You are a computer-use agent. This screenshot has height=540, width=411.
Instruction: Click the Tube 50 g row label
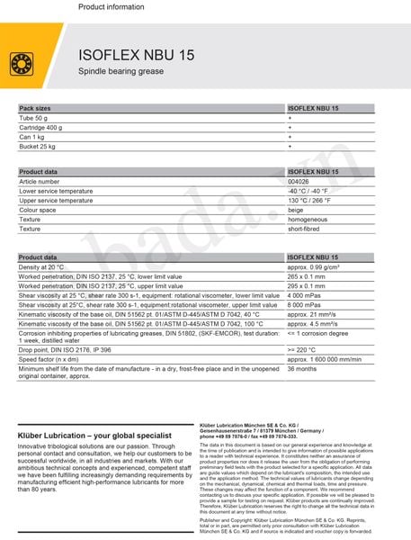coord(37,118)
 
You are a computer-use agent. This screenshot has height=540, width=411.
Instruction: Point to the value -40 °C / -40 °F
coord(308,191)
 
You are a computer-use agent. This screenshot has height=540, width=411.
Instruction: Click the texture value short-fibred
coord(304,229)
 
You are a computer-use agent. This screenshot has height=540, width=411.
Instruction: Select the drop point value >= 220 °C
coord(303,349)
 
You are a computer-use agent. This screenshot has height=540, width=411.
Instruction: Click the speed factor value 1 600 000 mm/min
coord(324,358)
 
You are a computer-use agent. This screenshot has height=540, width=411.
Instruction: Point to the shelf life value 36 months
coord(301,369)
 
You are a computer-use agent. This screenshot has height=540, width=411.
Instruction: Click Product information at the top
coord(111,6)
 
